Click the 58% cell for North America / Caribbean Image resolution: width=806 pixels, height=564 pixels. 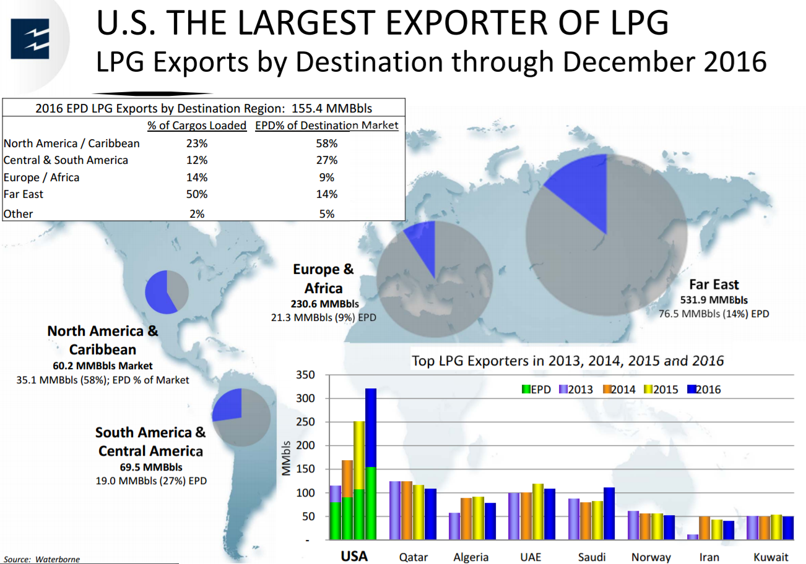tap(327, 143)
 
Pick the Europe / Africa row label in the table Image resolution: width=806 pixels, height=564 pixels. tap(41, 177)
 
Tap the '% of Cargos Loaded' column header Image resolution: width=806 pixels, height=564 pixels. tap(197, 126)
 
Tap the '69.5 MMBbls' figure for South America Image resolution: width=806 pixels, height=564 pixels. tap(150, 467)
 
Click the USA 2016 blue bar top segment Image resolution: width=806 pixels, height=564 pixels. tap(371, 427)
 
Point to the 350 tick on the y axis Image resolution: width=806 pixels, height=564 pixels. tap(306, 375)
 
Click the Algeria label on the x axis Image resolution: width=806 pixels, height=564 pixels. tap(471, 557)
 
